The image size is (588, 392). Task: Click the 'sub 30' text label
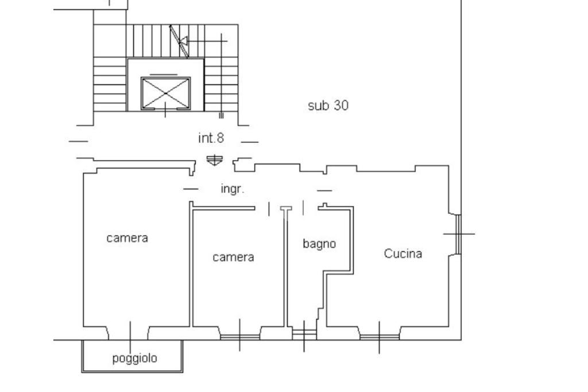tap(328, 106)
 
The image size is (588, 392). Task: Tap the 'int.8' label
tap(211, 138)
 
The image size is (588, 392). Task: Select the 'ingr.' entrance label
tap(233, 189)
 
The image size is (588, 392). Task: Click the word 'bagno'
tap(319, 244)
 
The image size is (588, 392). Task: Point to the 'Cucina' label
tap(403, 254)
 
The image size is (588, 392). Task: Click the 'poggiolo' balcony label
tap(134, 359)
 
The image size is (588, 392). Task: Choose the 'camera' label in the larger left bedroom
tap(127, 238)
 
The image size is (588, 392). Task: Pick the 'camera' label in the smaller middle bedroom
tap(233, 257)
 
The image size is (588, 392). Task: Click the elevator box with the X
tap(166, 93)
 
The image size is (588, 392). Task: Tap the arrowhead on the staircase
tap(184, 41)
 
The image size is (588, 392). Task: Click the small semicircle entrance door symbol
tap(214, 160)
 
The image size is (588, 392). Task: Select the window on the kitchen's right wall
tap(458, 234)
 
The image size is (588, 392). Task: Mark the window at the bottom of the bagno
tap(304, 332)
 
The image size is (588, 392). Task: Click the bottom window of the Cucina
tap(379, 336)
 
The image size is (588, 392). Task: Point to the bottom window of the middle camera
tap(240, 336)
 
